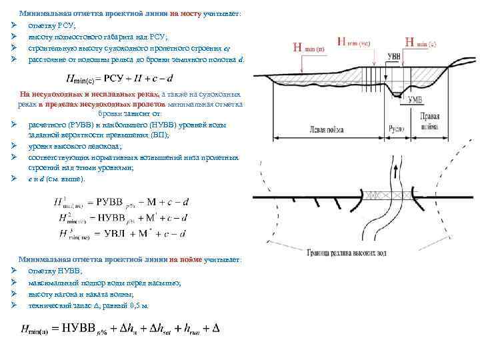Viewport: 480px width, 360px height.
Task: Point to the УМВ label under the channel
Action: (x=415, y=100)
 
